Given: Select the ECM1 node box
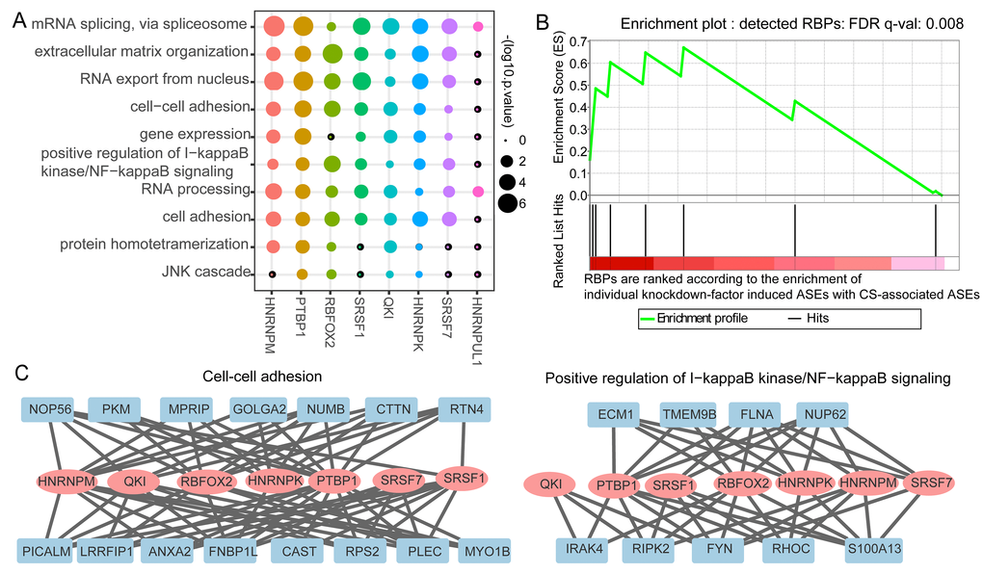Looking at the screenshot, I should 618,415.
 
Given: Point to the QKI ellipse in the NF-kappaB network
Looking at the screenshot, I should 550,483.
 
